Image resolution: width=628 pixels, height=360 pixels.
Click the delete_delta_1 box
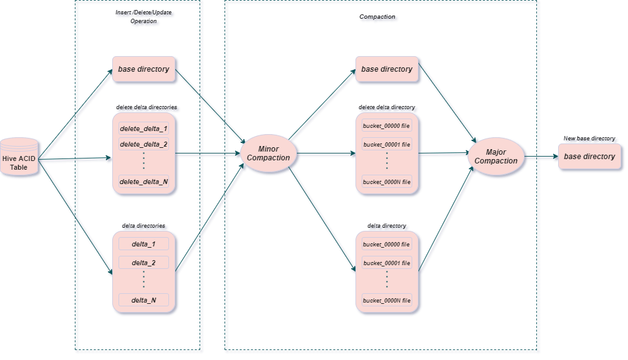(143, 129)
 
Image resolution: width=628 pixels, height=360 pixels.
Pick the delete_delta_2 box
(143, 144)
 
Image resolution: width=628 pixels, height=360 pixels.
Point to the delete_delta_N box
(143, 182)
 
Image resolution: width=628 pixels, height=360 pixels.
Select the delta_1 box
(143, 243)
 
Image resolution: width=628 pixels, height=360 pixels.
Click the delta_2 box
(143, 263)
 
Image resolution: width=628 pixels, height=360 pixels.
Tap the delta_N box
(143, 300)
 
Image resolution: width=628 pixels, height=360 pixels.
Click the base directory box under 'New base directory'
(589, 157)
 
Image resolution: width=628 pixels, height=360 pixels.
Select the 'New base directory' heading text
(590, 139)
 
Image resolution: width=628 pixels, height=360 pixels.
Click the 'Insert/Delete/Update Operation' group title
(145, 18)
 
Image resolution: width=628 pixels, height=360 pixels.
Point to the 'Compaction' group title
(379, 18)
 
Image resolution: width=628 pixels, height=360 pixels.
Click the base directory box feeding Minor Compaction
(144, 69)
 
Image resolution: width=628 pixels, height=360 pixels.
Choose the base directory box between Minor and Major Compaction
(387, 69)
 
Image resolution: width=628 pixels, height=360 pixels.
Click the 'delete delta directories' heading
(145, 109)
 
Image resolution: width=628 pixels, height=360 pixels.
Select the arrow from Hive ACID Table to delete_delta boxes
(75, 160)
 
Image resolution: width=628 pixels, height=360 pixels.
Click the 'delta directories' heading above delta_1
(145, 226)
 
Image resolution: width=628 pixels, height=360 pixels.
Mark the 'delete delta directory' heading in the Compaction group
(387, 109)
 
